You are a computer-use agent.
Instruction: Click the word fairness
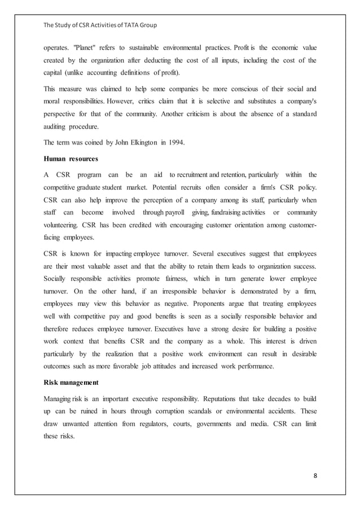(x=171, y=279)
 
